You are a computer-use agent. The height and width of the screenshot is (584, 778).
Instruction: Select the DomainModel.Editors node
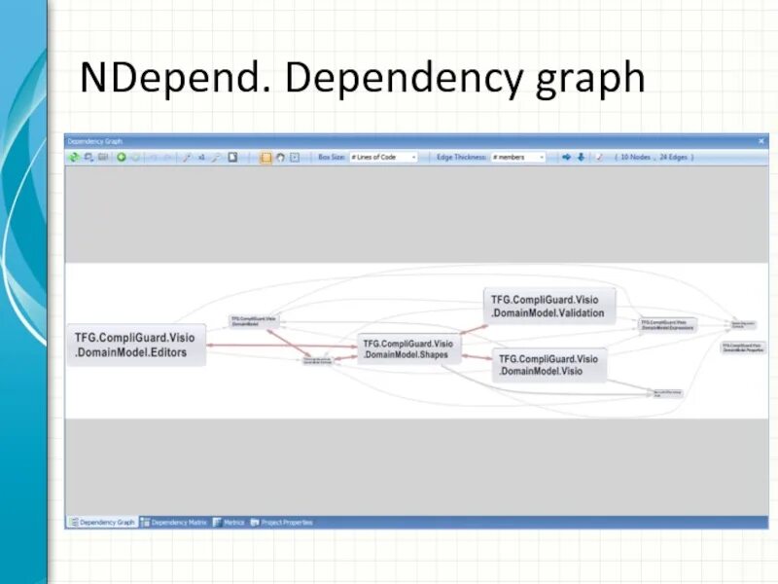coord(135,345)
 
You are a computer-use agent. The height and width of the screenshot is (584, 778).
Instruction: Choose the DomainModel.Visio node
coord(547,365)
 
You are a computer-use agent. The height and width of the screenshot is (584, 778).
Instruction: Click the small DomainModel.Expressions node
coord(667,325)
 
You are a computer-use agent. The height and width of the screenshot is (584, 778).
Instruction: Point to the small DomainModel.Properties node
coord(744,347)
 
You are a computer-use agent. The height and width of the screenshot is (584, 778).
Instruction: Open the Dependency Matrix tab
coord(179,523)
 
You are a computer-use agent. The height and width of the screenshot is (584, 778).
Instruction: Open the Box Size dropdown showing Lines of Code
coord(383,157)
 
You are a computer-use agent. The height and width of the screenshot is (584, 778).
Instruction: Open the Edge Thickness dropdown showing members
coord(517,157)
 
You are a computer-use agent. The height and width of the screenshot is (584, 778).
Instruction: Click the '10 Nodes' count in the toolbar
coord(637,157)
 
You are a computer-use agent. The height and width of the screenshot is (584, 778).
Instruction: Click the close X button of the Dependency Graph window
coord(761,141)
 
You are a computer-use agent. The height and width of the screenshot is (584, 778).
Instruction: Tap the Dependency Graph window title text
coord(100,141)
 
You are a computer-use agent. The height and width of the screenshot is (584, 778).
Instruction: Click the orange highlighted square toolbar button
coord(265,157)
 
